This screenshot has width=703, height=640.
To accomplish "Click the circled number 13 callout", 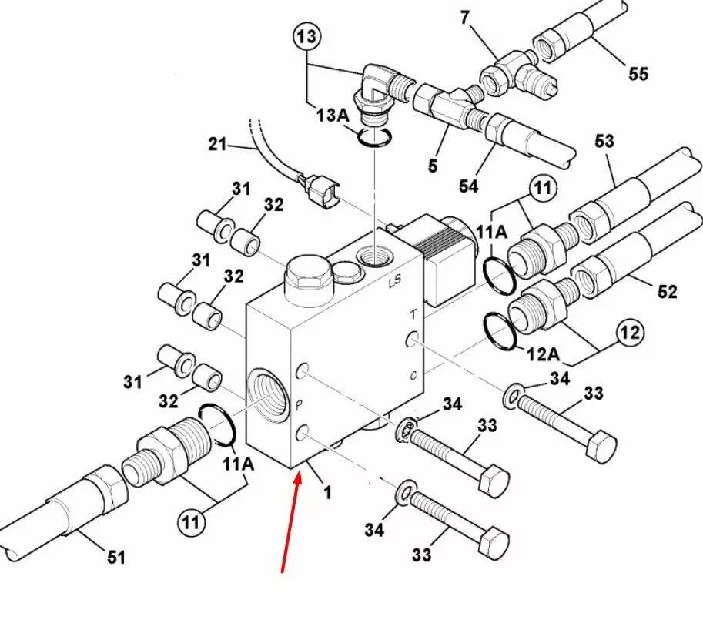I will point(306,36).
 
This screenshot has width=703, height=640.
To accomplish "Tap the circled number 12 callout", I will point(630,333).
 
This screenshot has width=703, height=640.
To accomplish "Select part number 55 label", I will point(638,74).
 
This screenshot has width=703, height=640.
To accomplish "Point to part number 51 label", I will point(115,557).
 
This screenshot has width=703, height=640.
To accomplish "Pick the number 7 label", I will point(464,16).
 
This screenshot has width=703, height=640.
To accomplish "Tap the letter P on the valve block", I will point(300,403).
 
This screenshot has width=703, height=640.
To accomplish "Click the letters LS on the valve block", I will point(395,282).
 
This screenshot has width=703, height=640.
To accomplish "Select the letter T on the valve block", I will point(413,313).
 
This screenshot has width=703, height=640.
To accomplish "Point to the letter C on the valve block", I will point(413,376).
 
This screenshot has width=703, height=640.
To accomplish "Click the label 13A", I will point(332,115).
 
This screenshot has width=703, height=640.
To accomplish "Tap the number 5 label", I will point(433,166).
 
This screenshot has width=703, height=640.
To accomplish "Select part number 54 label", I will point(469,186).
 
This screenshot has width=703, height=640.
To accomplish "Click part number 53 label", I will point(604,142).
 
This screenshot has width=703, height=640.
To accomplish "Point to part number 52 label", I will point(667,291).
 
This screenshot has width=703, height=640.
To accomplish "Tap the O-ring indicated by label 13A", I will point(375,137).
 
